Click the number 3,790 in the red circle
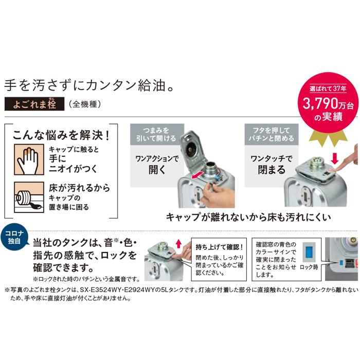click(x=316, y=104)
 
